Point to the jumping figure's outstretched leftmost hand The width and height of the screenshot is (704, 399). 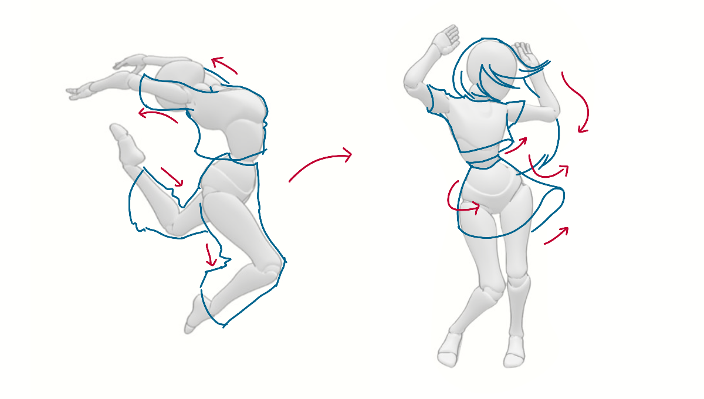[x=79, y=91]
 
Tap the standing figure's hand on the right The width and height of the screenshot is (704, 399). [x=528, y=56]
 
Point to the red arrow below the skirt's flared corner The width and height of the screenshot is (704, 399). [x=556, y=235]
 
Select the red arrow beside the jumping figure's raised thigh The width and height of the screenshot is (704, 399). [x=172, y=176]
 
